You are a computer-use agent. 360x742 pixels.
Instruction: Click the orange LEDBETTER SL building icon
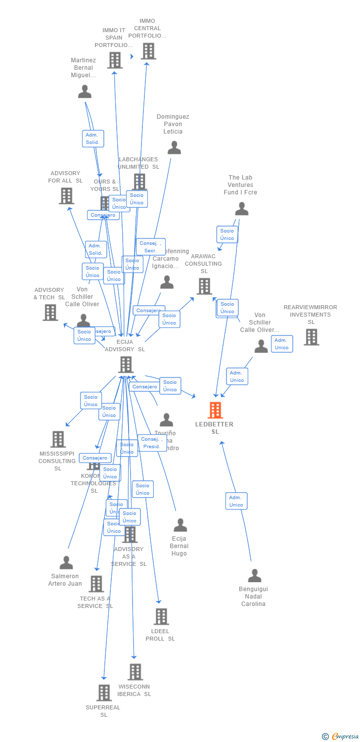click(x=215, y=410)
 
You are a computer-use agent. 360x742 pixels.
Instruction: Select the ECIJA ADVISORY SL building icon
click(x=126, y=365)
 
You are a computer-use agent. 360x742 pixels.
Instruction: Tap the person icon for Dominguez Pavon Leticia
click(x=174, y=147)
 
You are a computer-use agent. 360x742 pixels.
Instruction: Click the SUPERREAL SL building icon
click(x=104, y=693)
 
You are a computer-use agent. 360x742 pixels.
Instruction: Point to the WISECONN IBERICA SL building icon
click(x=135, y=672)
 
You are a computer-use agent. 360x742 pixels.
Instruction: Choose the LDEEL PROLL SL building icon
click(x=161, y=616)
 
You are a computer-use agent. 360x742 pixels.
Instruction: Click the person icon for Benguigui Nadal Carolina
click(x=254, y=575)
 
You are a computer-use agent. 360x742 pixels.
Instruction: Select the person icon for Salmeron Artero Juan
click(x=66, y=562)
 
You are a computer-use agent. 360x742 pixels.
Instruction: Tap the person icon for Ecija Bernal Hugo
click(x=180, y=525)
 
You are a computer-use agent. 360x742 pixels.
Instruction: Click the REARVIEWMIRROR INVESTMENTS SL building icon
click(x=311, y=337)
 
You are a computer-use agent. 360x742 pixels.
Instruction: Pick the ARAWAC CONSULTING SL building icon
click(x=204, y=286)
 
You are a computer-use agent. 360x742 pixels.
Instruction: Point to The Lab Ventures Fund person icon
click(x=241, y=209)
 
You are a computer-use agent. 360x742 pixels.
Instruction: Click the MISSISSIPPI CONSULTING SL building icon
click(x=58, y=439)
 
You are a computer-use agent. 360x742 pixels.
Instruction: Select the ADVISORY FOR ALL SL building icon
click(x=66, y=196)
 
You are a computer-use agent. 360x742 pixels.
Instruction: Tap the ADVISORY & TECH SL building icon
click(x=50, y=312)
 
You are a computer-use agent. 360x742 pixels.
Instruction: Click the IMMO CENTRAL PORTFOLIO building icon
click(x=148, y=51)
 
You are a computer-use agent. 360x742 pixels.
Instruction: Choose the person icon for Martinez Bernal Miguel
click(x=85, y=92)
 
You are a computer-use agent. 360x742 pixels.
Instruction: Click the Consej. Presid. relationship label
click(x=152, y=443)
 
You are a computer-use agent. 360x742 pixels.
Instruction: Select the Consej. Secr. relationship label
click(x=150, y=247)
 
